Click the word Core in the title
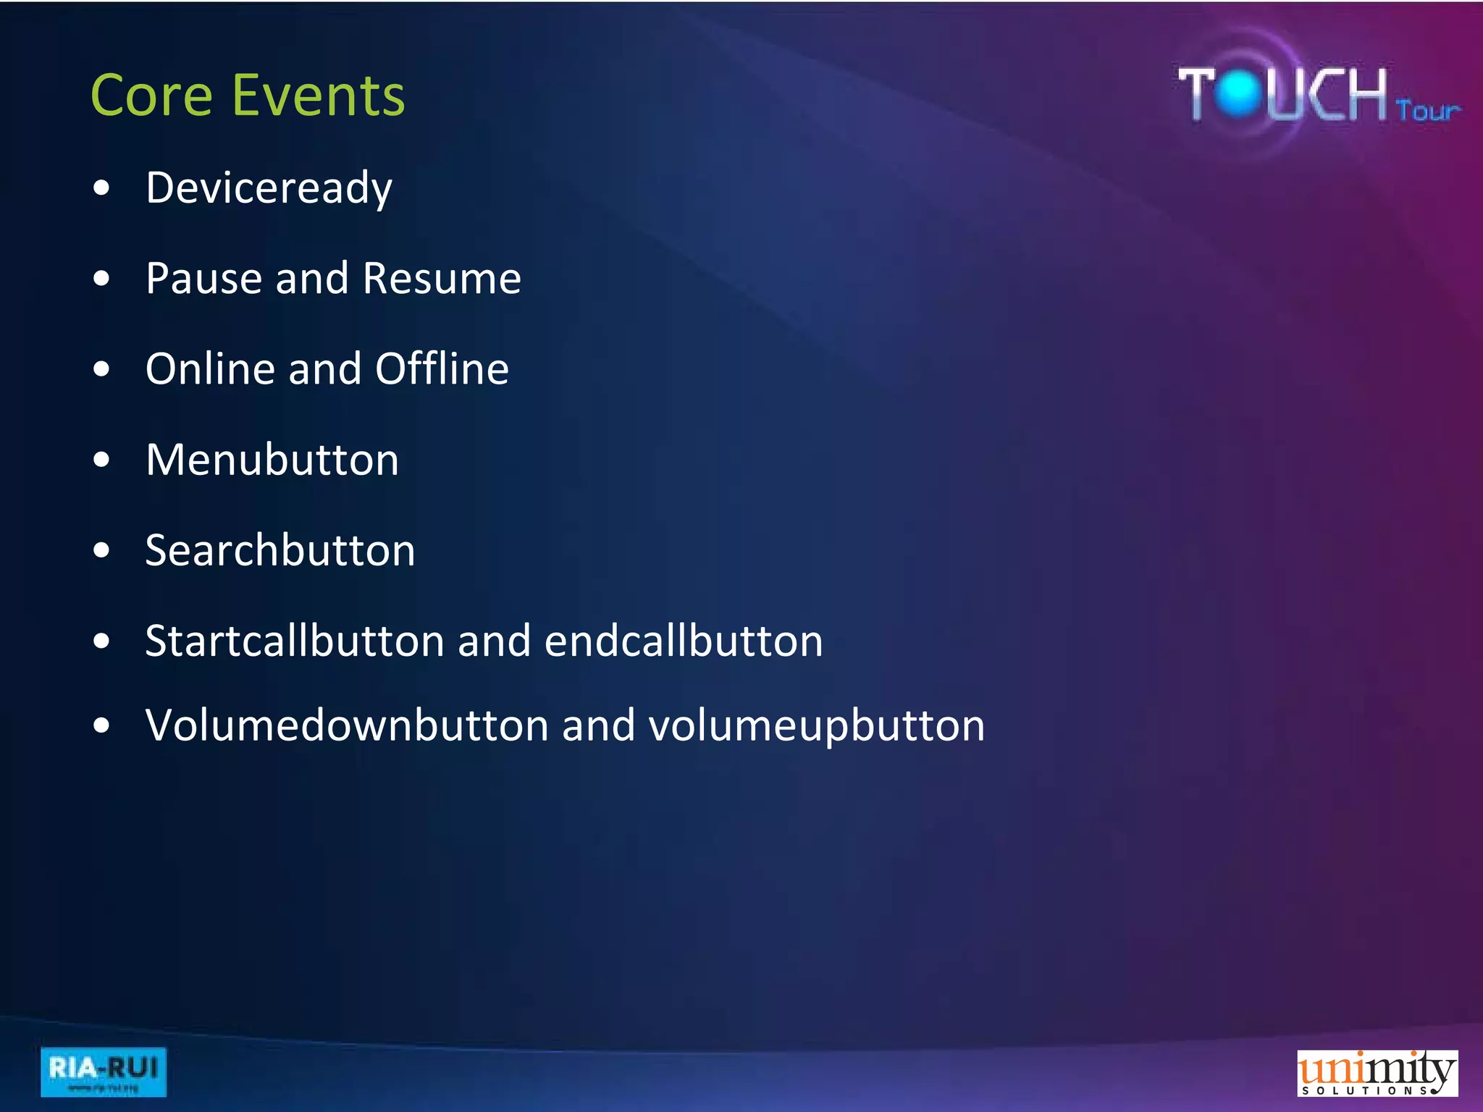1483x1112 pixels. coord(151,96)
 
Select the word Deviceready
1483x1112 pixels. coord(269,188)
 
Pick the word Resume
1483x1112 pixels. coord(442,278)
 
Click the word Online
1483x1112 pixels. coord(210,368)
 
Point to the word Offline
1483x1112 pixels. coord(442,368)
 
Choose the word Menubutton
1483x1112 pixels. coord(272,460)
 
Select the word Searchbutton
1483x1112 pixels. coord(280,550)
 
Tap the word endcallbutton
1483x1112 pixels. coord(684,641)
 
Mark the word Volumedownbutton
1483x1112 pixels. coord(347,725)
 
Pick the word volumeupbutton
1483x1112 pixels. coord(817,725)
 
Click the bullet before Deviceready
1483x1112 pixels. coord(102,188)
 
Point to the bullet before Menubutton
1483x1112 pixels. coord(102,460)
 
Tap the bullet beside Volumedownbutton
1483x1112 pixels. coord(102,725)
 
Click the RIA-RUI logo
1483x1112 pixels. coord(104,1071)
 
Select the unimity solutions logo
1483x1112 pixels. coord(1377,1073)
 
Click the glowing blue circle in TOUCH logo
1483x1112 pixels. coord(1240,93)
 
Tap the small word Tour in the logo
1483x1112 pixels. coord(1427,111)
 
